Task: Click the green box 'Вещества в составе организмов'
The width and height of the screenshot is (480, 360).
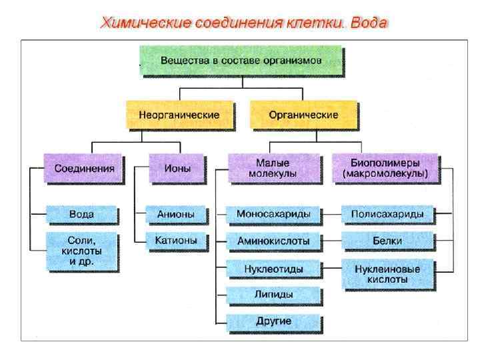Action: tap(241, 60)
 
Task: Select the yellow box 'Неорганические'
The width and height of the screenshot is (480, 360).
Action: tap(179, 115)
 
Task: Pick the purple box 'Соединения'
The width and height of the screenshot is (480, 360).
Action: tap(83, 168)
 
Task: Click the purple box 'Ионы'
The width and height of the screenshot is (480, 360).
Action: tap(177, 168)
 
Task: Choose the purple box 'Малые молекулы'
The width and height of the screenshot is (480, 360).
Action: tap(272, 168)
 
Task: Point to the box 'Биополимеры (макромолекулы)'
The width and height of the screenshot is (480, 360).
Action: tap(385, 168)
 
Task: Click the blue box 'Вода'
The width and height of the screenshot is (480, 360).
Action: tap(82, 215)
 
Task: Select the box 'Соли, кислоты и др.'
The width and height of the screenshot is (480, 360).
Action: tap(82, 251)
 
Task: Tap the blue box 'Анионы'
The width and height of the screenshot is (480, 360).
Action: tap(176, 215)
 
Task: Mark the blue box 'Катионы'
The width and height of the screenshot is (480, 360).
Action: tap(176, 240)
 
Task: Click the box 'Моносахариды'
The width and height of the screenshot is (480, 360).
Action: tap(273, 215)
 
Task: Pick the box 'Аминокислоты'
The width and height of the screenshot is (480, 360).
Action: tap(273, 240)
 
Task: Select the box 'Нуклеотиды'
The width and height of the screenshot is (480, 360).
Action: tap(273, 269)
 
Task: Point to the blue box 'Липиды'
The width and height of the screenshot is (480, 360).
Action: tap(273, 294)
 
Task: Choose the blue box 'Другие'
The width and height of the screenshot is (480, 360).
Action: tap(273, 321)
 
